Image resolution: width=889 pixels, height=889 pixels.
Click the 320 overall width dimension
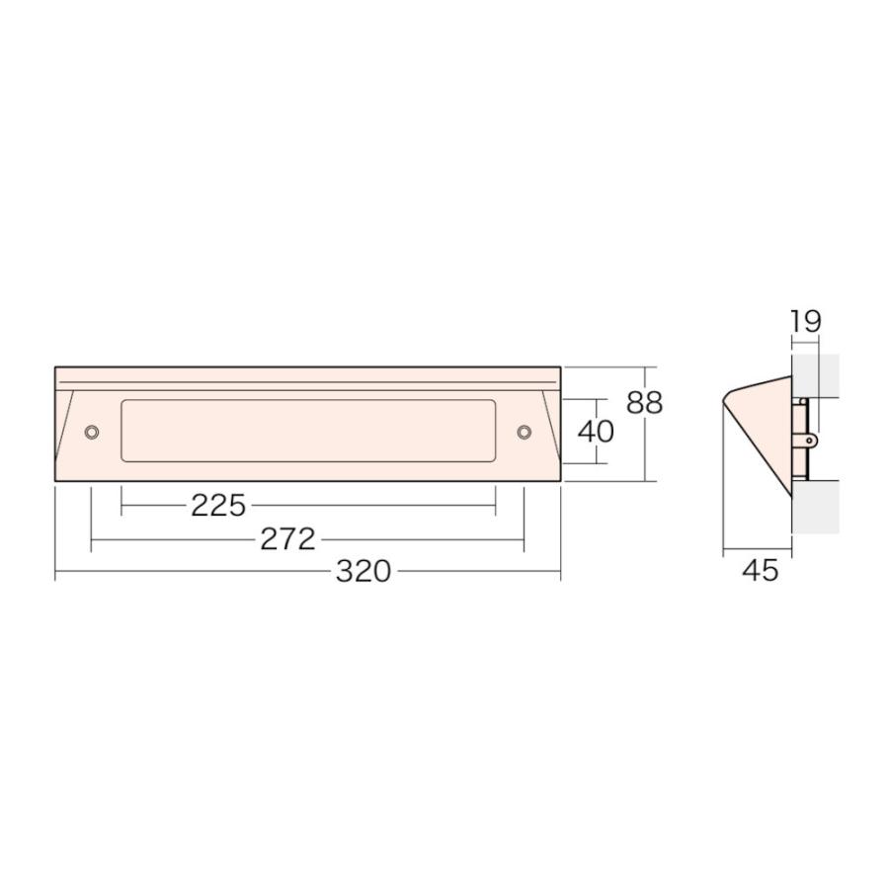point(364,571)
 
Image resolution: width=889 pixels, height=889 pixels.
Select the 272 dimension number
point(287,539)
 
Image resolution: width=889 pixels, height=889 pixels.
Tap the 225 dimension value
point(218,505)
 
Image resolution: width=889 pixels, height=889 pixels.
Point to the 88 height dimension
point(645,403)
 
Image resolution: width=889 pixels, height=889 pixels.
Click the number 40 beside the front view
point(596,432)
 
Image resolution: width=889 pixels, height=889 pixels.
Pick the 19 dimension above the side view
point(805,321)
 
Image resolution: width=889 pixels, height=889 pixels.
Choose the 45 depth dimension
point(761,570)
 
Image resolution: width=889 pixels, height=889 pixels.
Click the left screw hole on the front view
point(91,432)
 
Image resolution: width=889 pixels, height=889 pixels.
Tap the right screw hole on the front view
point(525,432)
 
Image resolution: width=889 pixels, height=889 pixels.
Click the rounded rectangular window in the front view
point(308,431)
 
